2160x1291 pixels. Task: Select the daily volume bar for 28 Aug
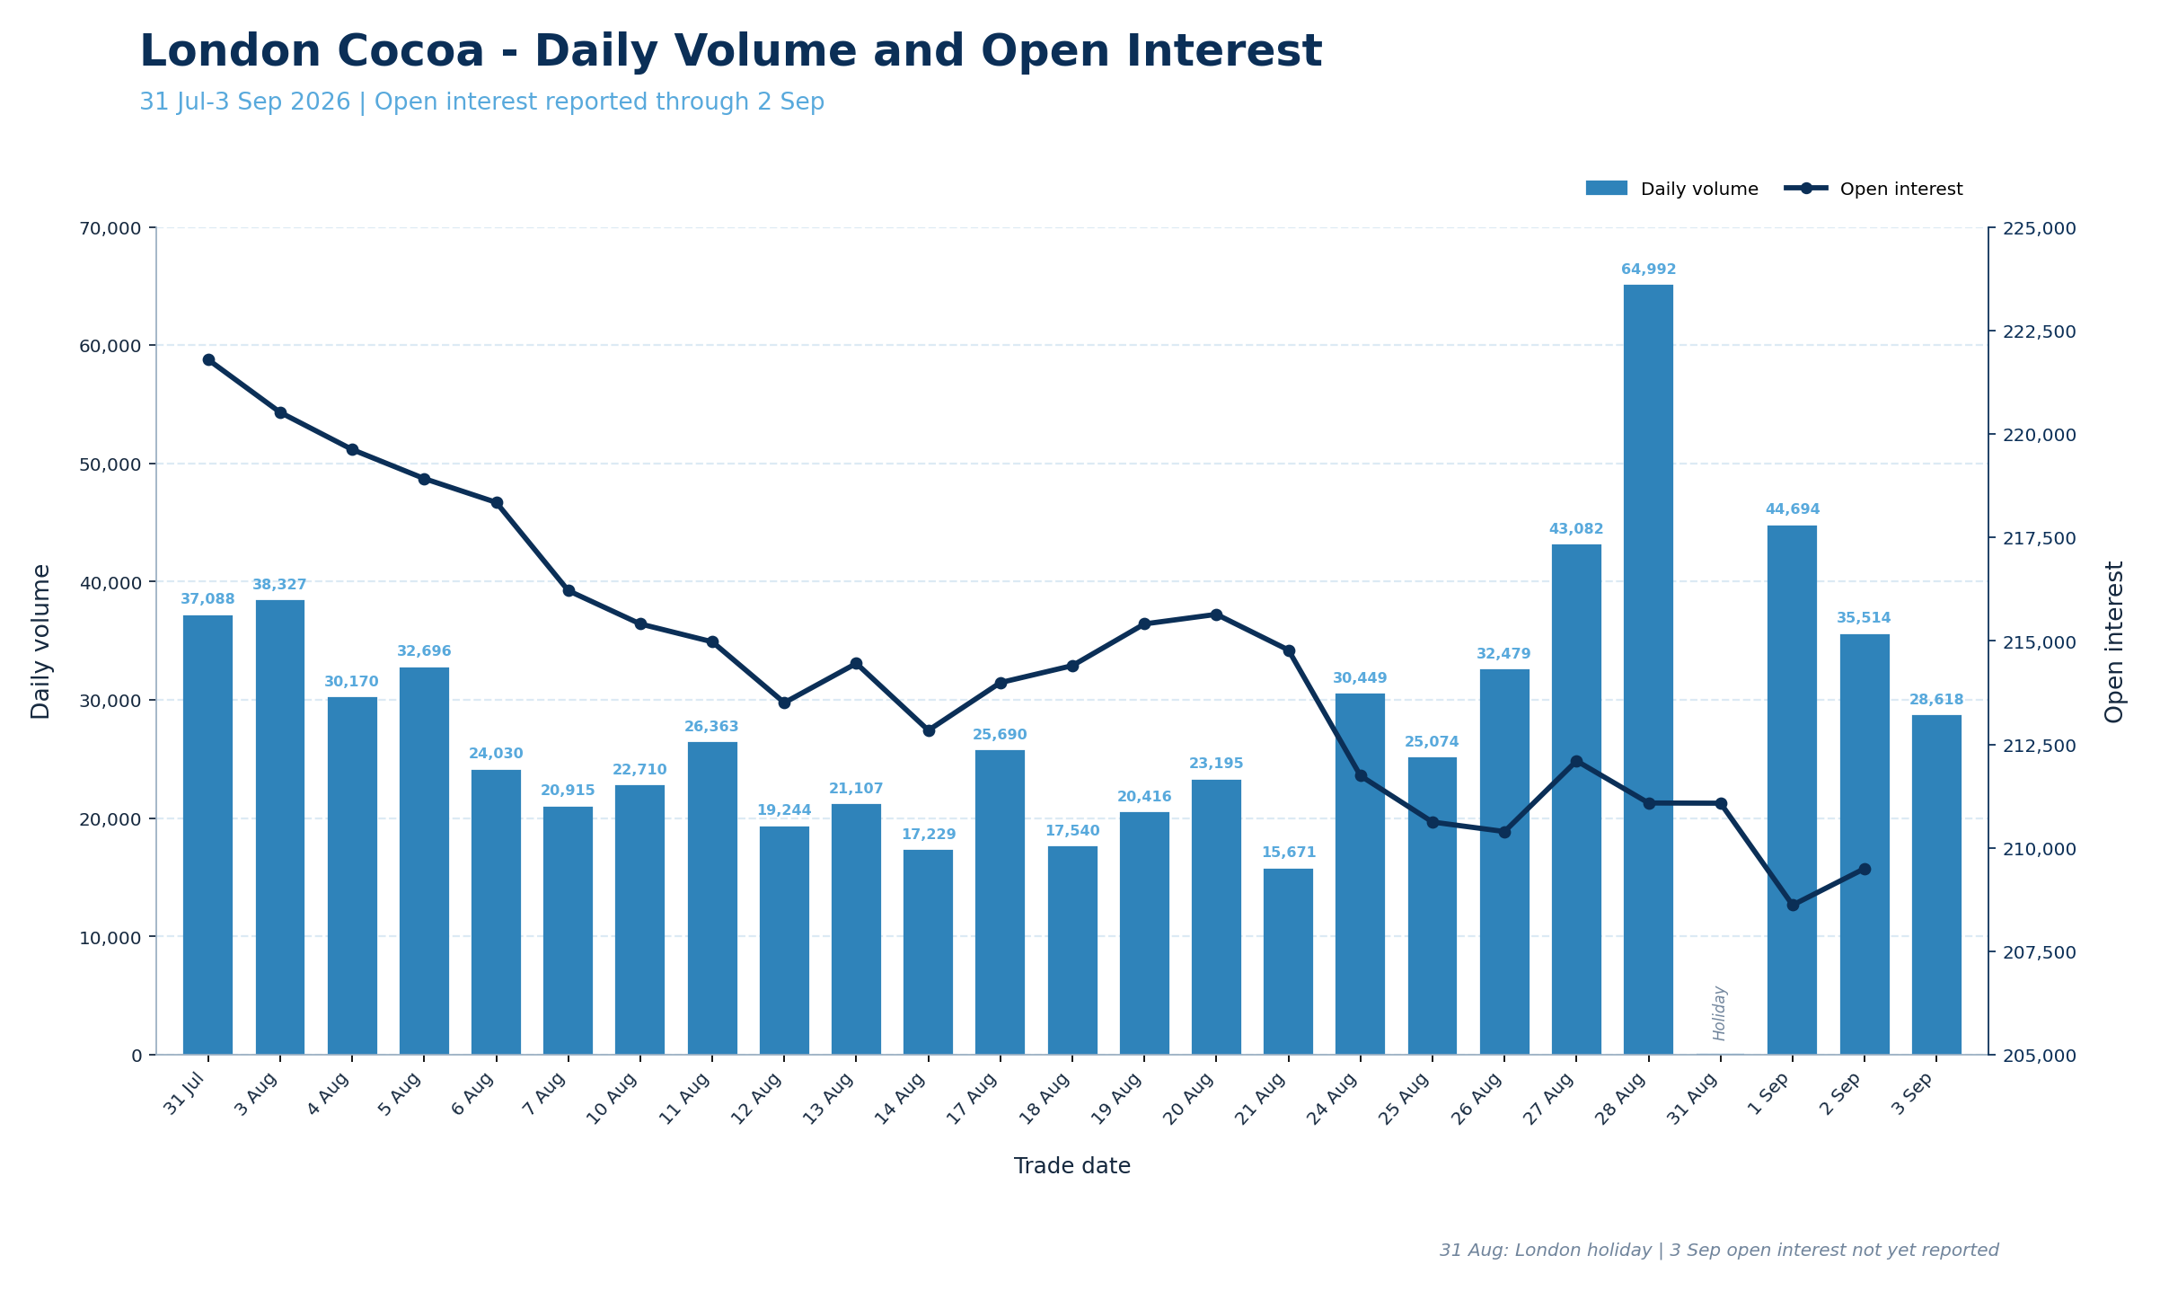[x=1648, y=669]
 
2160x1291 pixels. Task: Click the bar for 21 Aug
[x=1288, y=961]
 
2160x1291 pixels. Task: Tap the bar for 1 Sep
[x=1792, y=790]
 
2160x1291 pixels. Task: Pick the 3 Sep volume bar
[x=1936, y=885]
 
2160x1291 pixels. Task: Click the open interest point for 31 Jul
[x=208, y=359]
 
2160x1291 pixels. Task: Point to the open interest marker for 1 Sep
[x=1793, y=905]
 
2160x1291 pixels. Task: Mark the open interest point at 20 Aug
[x=1216, y=615]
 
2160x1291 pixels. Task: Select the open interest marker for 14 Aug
[x=929, y=730]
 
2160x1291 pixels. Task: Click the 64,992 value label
[x=1648, y=270]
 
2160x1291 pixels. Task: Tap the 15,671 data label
[x=1288, y=853]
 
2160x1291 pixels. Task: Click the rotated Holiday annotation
[x=1719, y=1012]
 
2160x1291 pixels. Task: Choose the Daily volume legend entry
[x=1671, y=190]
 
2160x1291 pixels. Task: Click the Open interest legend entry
[x=1873, y=190]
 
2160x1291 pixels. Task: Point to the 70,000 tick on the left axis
[x=111, y=228]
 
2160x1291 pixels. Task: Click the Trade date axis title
[x=1072, y=1166]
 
